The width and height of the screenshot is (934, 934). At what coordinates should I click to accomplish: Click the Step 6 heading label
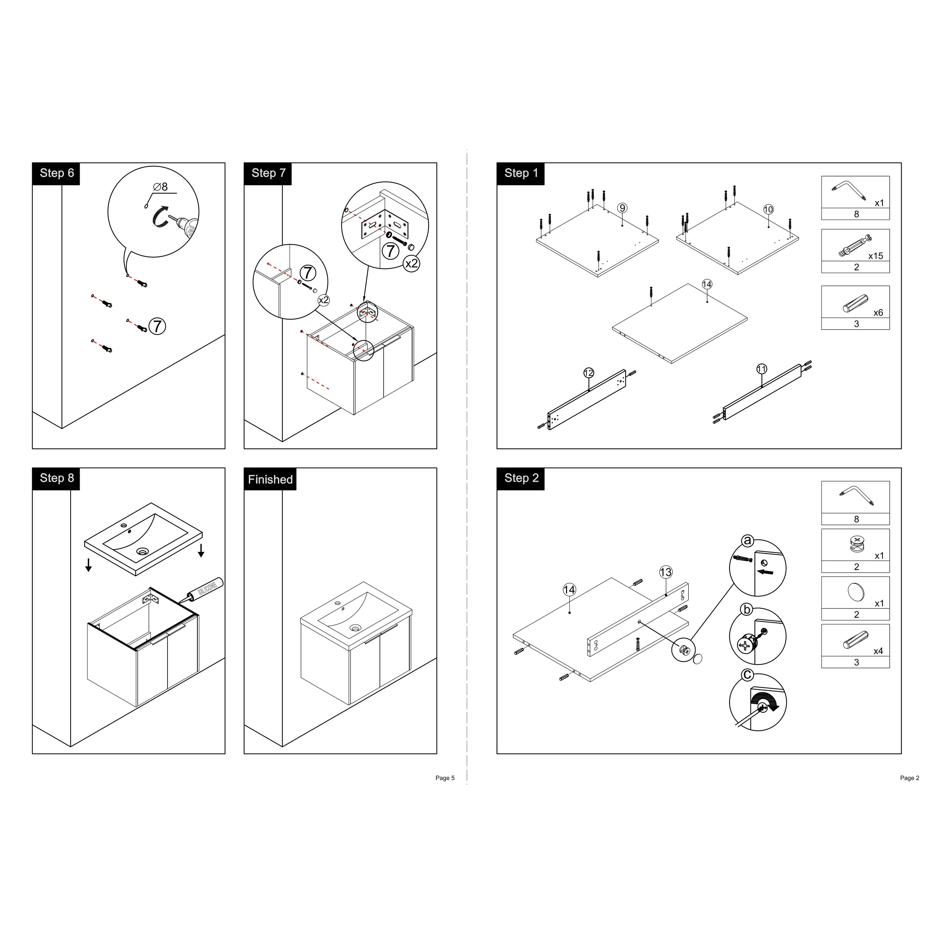[57, 173]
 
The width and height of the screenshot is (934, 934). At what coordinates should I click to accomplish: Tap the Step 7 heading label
[268, 173]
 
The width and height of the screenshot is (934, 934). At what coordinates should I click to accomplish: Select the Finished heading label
[270, 479]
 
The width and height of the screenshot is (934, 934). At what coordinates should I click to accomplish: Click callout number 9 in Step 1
[622, 208]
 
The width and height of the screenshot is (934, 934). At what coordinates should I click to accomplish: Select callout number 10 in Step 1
[768, 209]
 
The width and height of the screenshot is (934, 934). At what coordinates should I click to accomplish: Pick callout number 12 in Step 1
[588, 373]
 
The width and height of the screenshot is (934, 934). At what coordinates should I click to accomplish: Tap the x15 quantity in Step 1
[876, 256]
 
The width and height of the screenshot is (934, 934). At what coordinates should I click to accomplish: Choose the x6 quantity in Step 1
[878, 313]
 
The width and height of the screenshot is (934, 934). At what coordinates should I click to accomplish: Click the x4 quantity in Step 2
[878, 651]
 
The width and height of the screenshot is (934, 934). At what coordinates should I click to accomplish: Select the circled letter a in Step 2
[747, 540]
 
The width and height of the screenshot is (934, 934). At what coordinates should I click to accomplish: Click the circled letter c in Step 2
[747, 674]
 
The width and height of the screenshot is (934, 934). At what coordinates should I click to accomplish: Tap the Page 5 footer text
[445, 778]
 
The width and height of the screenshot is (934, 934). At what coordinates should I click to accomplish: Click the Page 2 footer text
[909, 778]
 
